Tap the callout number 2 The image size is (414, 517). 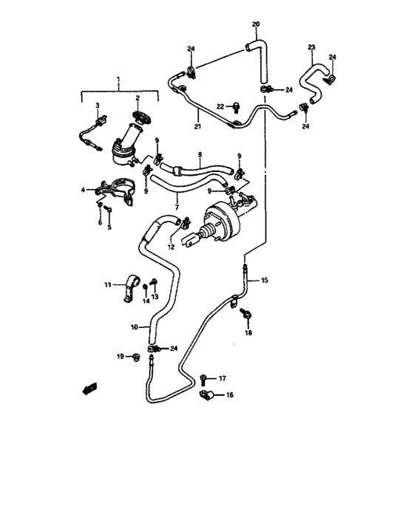click(137, 98)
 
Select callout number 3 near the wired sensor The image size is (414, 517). click(97, 107)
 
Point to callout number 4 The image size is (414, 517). click(83, 190)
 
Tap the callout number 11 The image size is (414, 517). click(107, 284)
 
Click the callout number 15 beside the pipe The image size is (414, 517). click(265, 281)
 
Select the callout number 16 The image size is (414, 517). click(229, 396)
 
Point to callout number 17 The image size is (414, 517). click(221, 378)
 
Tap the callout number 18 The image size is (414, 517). click(248, 334)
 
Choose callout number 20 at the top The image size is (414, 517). click(256, 25)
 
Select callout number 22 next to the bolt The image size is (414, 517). click(220, 106)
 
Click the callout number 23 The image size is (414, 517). click(311, 47)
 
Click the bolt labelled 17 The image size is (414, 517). click(203, 379)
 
